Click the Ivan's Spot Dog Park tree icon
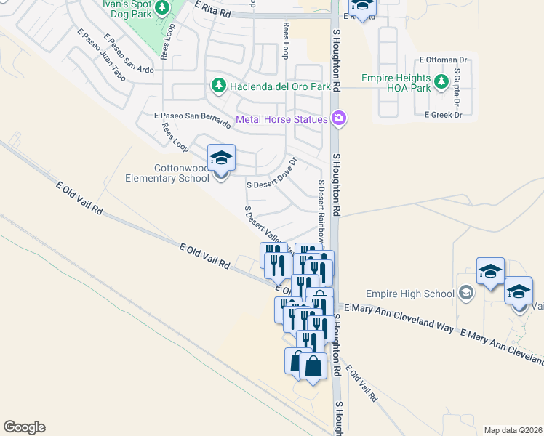pyautogui.click(x=162, y=7)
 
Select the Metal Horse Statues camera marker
pyautogui.click(x=338, y=118)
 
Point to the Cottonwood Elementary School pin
pyautogui.click(x=221, y=159)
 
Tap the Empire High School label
pyautogui.click(x=409, y=294)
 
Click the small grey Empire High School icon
pyautogui.click(x=465, y=294)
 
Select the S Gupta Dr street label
pyautogui.click(x=457, y=86)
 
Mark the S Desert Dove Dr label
pyautogui.click(x=273, y=174)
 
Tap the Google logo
pyautogui.click(x=24, y=427)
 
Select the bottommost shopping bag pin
pyautogui.click(x=313, y=367)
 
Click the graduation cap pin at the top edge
pyautogui.click(x=362, y=7)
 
